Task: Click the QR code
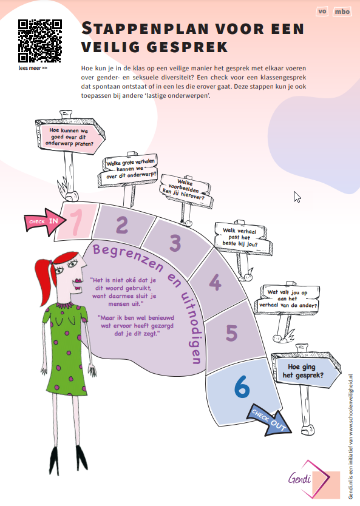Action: tap(39, 41)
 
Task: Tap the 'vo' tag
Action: tap(322, 12)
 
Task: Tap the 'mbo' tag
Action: tap(342, 12)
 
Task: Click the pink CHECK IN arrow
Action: tap(45, 222)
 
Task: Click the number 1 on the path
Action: tap(76, 222)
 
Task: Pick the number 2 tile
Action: tap(122, 225)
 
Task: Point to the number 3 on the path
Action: tap(175, 243)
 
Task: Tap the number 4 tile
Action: tap(215, 282)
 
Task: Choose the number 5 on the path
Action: tap(232, 332)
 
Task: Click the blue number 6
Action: tap(242, 386)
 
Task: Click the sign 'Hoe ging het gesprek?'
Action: tap(306, 371)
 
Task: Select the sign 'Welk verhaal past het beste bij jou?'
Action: tap(243, 238)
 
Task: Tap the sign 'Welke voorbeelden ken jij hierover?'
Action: tap(186, 190)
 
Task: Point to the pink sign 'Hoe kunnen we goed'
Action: tap(70, 136)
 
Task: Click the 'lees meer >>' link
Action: tap(33, 68)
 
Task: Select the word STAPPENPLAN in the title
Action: tap(145, 29)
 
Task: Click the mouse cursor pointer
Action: tap(297, 197)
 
